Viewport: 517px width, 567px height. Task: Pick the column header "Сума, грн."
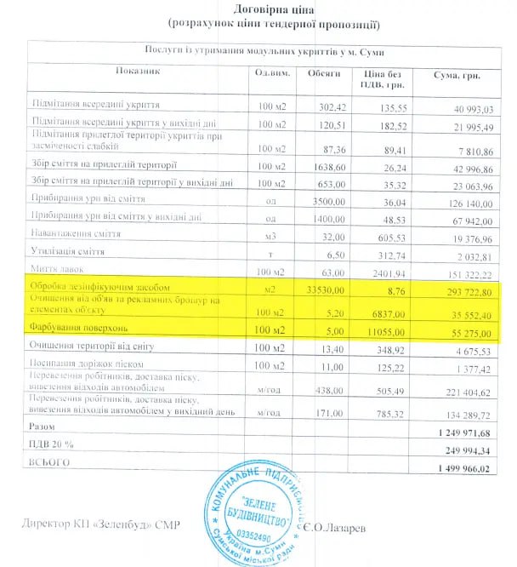pos(457,76)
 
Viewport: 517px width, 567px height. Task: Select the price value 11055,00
pos(384,331)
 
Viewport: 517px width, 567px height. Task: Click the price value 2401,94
pos(384,273)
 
